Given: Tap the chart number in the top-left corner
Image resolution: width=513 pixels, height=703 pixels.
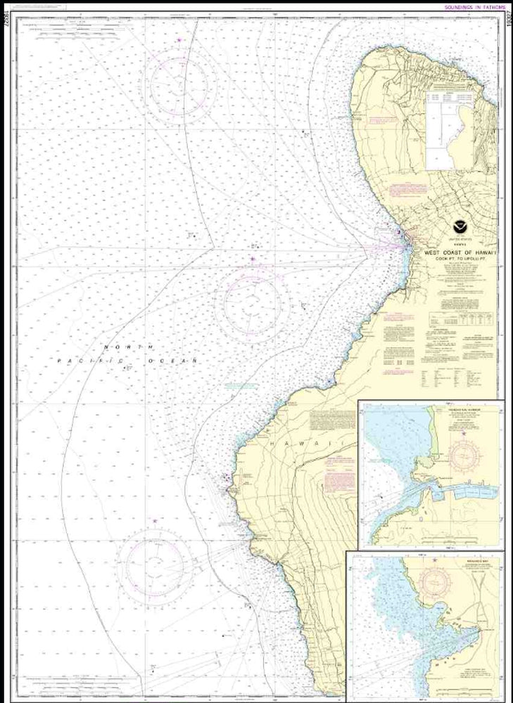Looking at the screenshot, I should tap(6, 21).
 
